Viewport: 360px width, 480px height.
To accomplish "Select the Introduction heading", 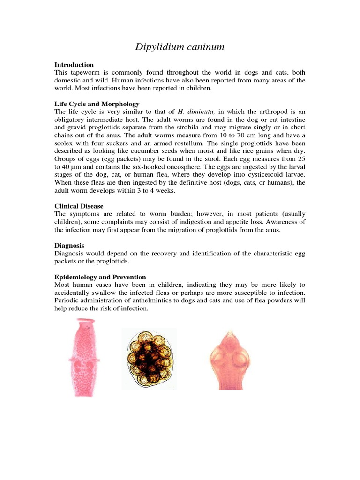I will [x=74, y=65].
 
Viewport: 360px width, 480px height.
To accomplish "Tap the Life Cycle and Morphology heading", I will [x=97, y=104].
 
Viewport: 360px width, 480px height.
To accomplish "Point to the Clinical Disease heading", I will [x=79, y=206].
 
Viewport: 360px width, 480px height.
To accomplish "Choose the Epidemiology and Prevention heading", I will [x=100, y=277].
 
